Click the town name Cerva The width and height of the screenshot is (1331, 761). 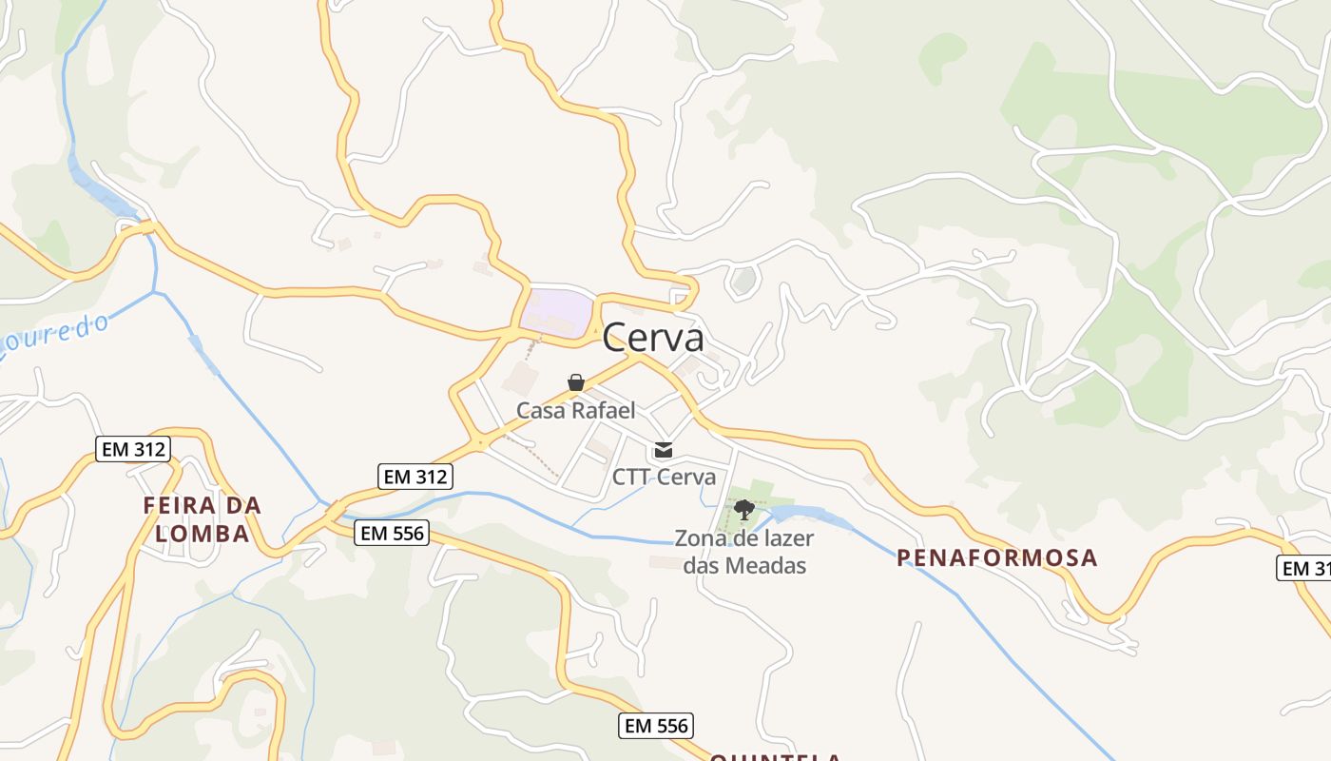click(x=653, y=338)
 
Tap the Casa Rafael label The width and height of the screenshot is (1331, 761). click(x=575, y=410)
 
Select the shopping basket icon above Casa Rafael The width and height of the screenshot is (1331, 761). click(x=575, y=383)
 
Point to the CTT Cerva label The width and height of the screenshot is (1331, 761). click(x=664, y=477)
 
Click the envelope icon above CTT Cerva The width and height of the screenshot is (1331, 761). click(x=664, y=450)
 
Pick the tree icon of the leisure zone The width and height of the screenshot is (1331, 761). click(x=744, y=510)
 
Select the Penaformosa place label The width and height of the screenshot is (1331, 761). click(x=997, y=557)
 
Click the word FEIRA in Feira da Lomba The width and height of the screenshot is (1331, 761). click(x=181, y=505)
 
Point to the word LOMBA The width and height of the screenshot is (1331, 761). click(x=203, y=534)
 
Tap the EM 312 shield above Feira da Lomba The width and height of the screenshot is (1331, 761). click(x=133, y=449)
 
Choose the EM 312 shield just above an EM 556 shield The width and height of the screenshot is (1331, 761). click(x=415, y=477)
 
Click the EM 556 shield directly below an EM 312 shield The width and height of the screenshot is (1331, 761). click(x=392, y=533)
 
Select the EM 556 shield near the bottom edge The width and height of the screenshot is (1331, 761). click(x=656, y=726)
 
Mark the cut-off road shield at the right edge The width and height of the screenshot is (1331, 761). click(x=1304, y=568)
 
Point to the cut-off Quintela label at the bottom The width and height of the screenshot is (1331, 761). click(x=775, y=757)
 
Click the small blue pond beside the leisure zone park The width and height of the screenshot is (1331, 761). click(x=799, y=515)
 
